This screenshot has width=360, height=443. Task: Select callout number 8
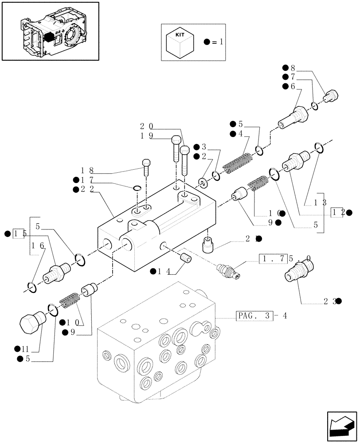pyautogui.click(x=292, y=68)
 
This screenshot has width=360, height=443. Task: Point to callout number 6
pyautogui.click(x=292, y=87)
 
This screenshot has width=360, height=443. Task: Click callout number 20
pyautogui.click(x=147, y=126)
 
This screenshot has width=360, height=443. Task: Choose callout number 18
pyautogui.click(x=87, y=170)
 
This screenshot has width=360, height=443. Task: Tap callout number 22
pyautogui.click(x=87, y=190)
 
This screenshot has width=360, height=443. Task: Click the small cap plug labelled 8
pyautogui.click(x=331, y=95)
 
